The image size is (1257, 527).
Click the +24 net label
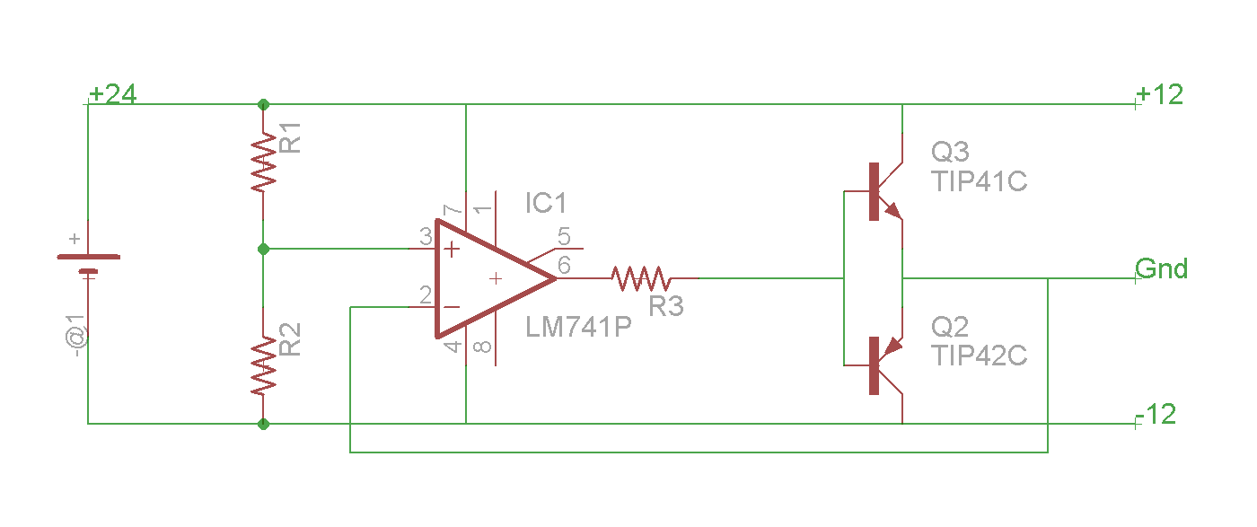click(x=113, y=93)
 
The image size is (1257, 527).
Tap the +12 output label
click(x=1159, y=94)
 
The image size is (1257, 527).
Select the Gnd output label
click(x=1161, y=268)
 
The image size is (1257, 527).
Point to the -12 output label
click(x=1156, y=414)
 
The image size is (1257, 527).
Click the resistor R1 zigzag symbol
click(x=263, y=162)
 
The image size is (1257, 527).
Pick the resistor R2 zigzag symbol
click(x=263, y=366)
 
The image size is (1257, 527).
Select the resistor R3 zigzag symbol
click(x=641, y=278)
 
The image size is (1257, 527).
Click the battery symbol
click(x=89, y=264)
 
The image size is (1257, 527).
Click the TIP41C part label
click(x=980, y=181)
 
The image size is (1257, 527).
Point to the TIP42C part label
click(x=980, y=356)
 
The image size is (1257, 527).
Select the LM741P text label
click(x=578, y=327)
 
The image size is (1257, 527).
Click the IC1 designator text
click(x=546, y=203)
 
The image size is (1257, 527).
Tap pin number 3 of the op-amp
click(x=426, y=236)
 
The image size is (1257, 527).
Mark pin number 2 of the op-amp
click(x=426, y=294)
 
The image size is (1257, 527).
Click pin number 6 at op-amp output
click(x=564, y=265)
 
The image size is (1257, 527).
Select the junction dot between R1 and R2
click(x=263, y=250)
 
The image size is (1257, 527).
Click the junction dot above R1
click(x=263, y=104)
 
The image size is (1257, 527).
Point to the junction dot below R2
click(x=263, y=424)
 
